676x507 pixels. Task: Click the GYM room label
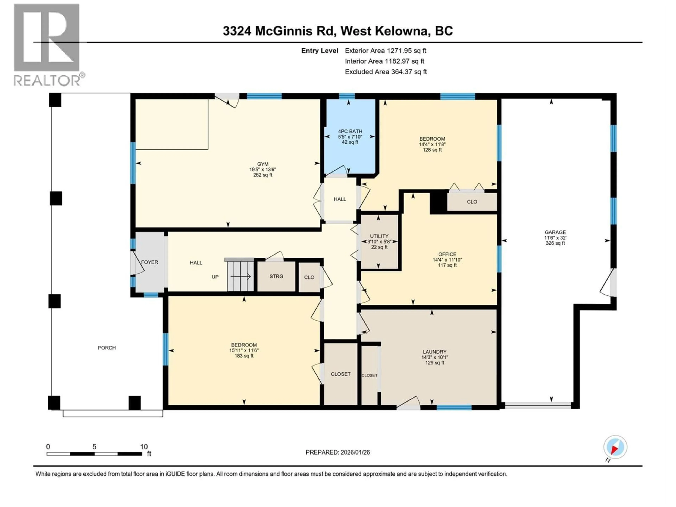click(262, 164)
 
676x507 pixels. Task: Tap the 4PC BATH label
click(350, 131)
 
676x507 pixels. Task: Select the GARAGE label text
click(555, 232)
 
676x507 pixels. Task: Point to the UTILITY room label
click(379, 236)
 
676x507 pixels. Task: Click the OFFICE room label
click(447, 254)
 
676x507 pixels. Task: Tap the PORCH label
click(107, 348)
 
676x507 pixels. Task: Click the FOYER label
click(149, 262)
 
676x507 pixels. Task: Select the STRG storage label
click(276, 276)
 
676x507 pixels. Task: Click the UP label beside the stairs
click(215, 277)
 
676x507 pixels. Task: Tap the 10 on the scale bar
click(144, 447)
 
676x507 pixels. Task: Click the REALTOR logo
click(47, 44)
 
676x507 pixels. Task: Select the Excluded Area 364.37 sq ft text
click(386, 72)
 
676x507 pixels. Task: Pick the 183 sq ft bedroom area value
click(244, 356)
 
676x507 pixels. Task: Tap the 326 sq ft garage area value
click(555, 243)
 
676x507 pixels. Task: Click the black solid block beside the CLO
click(438, 202)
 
